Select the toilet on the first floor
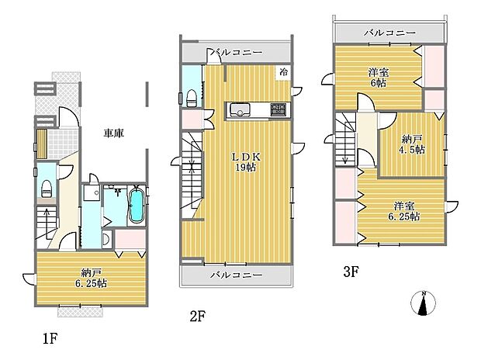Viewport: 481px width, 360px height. [x=47, y=187]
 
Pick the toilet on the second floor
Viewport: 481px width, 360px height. [x=191, y=97]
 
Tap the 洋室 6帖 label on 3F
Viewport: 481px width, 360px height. [x=379, y=78]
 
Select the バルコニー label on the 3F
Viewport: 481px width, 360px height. [x=389, y=33]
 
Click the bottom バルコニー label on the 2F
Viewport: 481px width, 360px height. [x=236, y=275]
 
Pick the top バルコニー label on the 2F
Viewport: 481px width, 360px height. [x=236, y=53]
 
